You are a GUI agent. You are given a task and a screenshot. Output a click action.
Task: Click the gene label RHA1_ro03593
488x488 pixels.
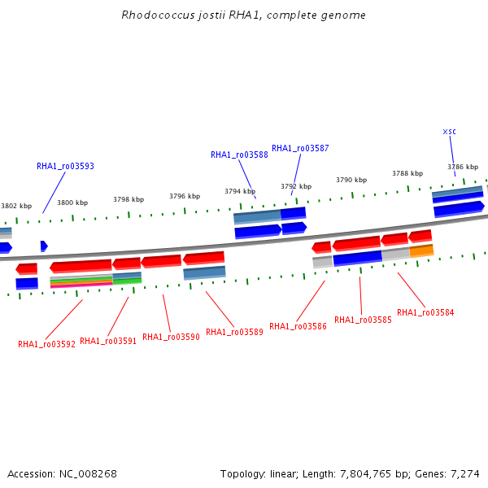click(x=65, y=166)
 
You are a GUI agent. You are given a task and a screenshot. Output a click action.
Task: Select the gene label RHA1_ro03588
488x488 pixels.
click(x=239, y=155)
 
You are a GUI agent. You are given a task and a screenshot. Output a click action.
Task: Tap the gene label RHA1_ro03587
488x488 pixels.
click(x=300, y=148)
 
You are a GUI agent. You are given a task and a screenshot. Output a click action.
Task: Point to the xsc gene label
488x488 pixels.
click(x=450, y=132)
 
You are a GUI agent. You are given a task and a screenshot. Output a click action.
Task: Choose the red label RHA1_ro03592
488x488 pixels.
click(x=46, y=344)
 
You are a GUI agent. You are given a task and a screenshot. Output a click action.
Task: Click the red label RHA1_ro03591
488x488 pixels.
click(x=108, y=341)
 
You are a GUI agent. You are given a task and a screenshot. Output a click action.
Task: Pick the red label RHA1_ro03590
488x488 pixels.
click(x=171, y=337)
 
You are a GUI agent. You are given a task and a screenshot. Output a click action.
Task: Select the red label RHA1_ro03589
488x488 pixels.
click(x=235, y=332)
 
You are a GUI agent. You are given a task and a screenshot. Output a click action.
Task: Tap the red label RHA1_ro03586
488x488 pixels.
click(x=298, y=326)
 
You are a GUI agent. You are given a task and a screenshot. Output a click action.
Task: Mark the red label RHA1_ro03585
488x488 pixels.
click(x=363, y=320)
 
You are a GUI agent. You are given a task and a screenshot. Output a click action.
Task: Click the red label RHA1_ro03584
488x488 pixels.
click(x=425, y=312)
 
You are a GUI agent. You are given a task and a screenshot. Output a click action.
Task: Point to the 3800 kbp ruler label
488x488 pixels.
click(x=72, y=203)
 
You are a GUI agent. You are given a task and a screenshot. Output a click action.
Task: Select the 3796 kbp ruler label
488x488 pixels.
click(x=185, y=196)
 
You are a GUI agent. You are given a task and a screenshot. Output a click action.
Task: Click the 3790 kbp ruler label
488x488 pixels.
click(x=351, y=180)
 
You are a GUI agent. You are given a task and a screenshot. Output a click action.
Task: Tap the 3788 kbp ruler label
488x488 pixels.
click(x=407, y=173)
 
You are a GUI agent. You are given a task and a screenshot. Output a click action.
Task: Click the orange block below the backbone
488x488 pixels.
click(x=421, y=251)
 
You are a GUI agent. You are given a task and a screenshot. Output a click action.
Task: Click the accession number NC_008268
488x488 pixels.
click(x=88, y=474)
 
